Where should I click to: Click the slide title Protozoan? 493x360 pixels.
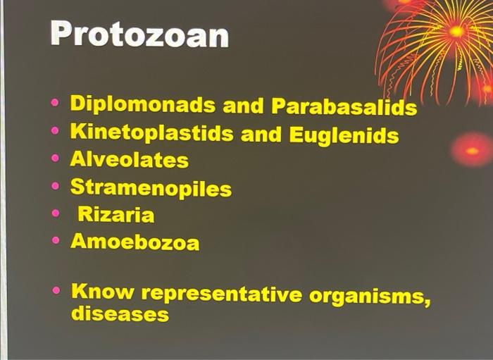(139, 34)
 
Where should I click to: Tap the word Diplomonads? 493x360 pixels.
(143, 104)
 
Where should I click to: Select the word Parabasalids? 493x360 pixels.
(344, 108)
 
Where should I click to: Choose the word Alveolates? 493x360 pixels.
(129, 160)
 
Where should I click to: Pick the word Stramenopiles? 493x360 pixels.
(151, 187)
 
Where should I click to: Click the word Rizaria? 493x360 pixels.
(116, 214)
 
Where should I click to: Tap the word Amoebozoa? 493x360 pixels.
(135, 242)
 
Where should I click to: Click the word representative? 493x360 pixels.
(220, 294)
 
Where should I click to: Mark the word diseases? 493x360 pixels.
(120, 314)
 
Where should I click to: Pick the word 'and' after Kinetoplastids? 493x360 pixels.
(258, 134)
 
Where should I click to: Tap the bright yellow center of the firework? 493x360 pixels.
(456, 32)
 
